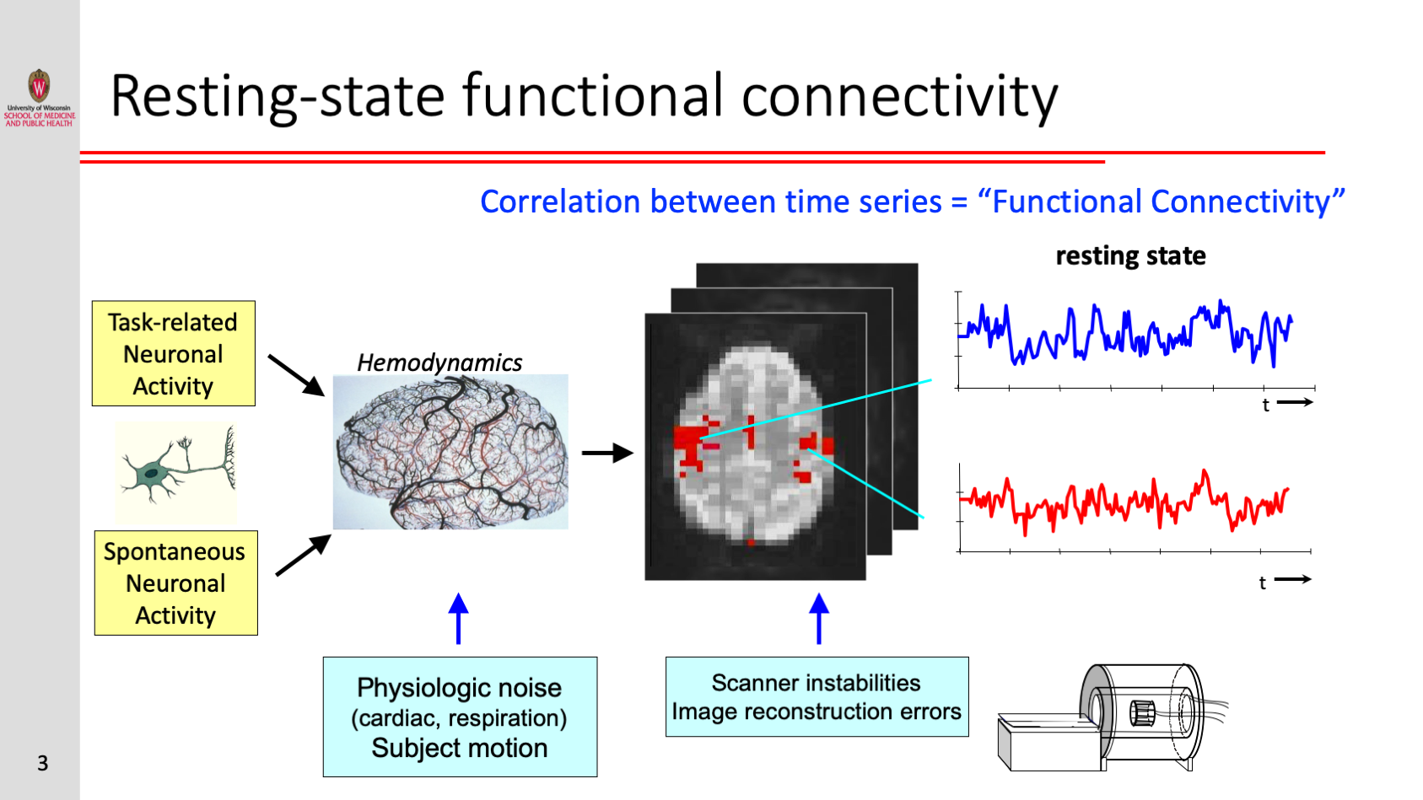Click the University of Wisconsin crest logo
(39, 86)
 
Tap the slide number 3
(42, 763)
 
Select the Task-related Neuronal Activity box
(174, 354)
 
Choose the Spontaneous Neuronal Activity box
(175, 583)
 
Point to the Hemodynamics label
(439, 362)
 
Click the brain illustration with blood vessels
(450, 453)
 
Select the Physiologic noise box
(460, 717)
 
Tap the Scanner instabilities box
(817, 697)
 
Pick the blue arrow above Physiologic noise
(458, 619)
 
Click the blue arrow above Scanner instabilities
(818, 619)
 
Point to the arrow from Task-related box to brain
(295, 374)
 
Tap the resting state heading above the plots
(1130, 255)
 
